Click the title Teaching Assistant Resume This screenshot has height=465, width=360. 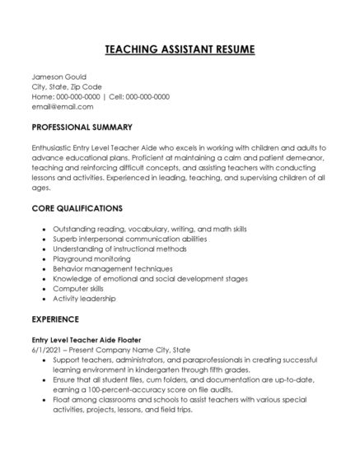pos(180,50)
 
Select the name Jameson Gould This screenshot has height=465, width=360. pos(58,77)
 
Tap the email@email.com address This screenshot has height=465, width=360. pos(63,106)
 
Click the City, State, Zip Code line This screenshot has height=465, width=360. pos(67,86)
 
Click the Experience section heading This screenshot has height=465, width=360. pos(55,318)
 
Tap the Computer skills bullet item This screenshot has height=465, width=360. pos(79,289)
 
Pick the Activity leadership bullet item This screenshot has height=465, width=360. pos(86,299)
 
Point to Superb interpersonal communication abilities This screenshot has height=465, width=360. pos(129,238)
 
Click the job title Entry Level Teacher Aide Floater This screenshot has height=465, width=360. pos(86,339)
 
